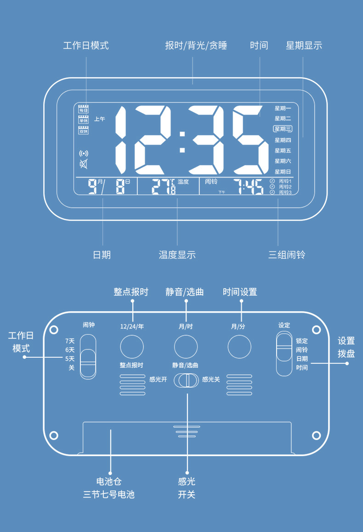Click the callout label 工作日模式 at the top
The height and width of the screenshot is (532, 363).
coord(86,46)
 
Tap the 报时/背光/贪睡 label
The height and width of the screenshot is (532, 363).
coord(196,46)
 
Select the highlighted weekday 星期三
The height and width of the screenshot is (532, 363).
coord(283,129)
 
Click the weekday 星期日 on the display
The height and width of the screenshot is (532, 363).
coord(283,172)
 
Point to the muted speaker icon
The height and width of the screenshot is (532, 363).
coord(84,164)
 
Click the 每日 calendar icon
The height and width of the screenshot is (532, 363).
coord(83,109)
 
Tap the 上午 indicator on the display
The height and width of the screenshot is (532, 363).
coord(100,119)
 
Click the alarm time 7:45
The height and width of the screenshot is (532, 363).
coord(248,187)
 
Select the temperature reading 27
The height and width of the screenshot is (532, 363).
coord(160,187)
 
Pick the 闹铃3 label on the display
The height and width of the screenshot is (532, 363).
coord(285,192)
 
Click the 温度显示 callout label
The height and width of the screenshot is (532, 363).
coord(177,255)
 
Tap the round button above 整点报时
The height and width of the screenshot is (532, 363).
coord(132,347)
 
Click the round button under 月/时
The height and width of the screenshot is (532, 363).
coord(186,347)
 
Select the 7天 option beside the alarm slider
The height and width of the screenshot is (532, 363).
coord(70,341)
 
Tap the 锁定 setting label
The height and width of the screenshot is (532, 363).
coord(302,341)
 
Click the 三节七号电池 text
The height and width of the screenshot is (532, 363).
coord(109,495)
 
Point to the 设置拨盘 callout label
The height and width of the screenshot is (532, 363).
coord(346,347)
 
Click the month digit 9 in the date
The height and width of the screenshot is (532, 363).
coord(93,187)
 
